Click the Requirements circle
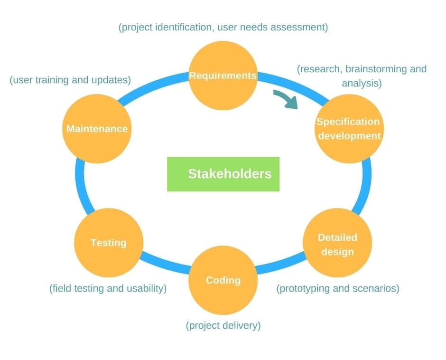click(x=223, y=76)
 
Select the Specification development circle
click(x=349, y=129)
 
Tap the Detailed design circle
click(x=337, y=243)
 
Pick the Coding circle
click(x=223, y=280)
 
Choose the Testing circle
click(x=109, y=243)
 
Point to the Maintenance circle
click(x=97, y=129)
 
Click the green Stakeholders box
click(x=223, y=174)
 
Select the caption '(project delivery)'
click(x=223, y=325)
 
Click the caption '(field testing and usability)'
click(x=108, y=288)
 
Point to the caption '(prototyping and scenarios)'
click(x=338, y=288)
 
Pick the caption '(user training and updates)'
click(x=70, y=80)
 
